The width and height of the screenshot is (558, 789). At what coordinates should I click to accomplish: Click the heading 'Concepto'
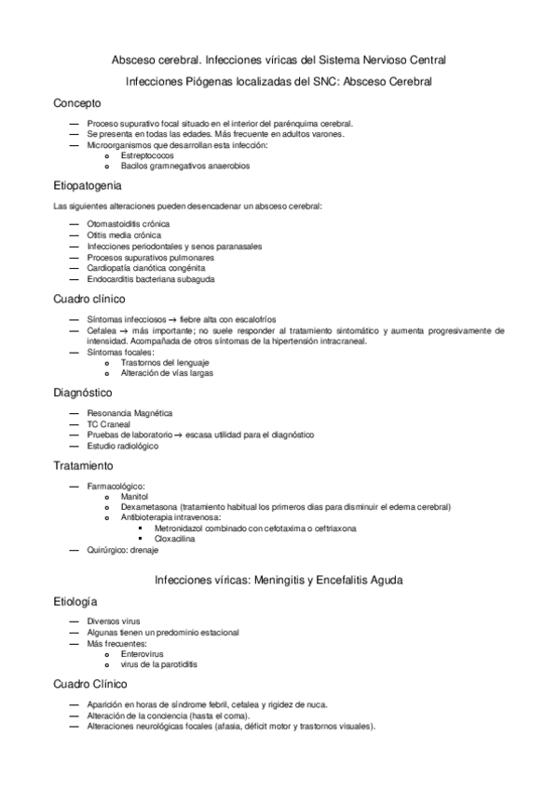coord(77,102)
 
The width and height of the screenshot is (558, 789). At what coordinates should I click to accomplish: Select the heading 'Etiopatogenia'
coord(88,185)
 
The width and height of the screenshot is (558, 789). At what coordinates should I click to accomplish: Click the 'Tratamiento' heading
coord(84,464)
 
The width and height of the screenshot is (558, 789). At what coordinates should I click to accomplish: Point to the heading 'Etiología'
coord(75,601)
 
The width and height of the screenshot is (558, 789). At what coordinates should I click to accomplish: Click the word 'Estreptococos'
coord(147,155)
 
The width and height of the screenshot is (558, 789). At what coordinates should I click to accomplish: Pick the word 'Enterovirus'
coord(143,654)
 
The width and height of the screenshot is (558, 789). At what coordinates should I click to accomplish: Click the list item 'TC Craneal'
coord(108,423)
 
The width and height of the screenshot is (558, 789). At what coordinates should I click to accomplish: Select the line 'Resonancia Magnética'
coord(129,412)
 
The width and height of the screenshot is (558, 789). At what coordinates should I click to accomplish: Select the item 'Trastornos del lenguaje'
coord(164,362)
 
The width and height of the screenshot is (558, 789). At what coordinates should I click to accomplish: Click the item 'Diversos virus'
coord(113,621)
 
